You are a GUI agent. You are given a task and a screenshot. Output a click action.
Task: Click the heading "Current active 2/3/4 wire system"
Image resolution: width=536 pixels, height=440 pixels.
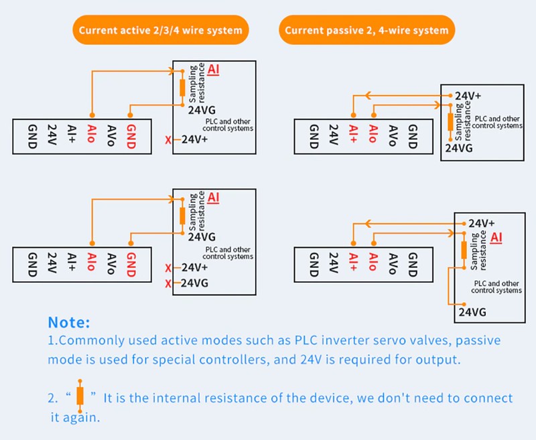(x=161, y=30)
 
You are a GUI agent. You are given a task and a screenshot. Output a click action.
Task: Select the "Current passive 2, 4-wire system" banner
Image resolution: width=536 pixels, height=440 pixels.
(x=367, y=30)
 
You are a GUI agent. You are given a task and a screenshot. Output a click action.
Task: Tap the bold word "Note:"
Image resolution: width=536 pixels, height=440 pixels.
(x=68, y=322)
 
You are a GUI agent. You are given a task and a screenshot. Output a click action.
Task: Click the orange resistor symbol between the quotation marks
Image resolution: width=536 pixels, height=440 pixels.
(x=80, y=395)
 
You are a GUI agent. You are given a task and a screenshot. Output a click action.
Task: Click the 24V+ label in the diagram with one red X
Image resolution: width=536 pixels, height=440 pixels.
(x=195, y=140)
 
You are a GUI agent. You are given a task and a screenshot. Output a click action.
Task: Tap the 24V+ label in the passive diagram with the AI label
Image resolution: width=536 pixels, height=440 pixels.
(x=481, y=223)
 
